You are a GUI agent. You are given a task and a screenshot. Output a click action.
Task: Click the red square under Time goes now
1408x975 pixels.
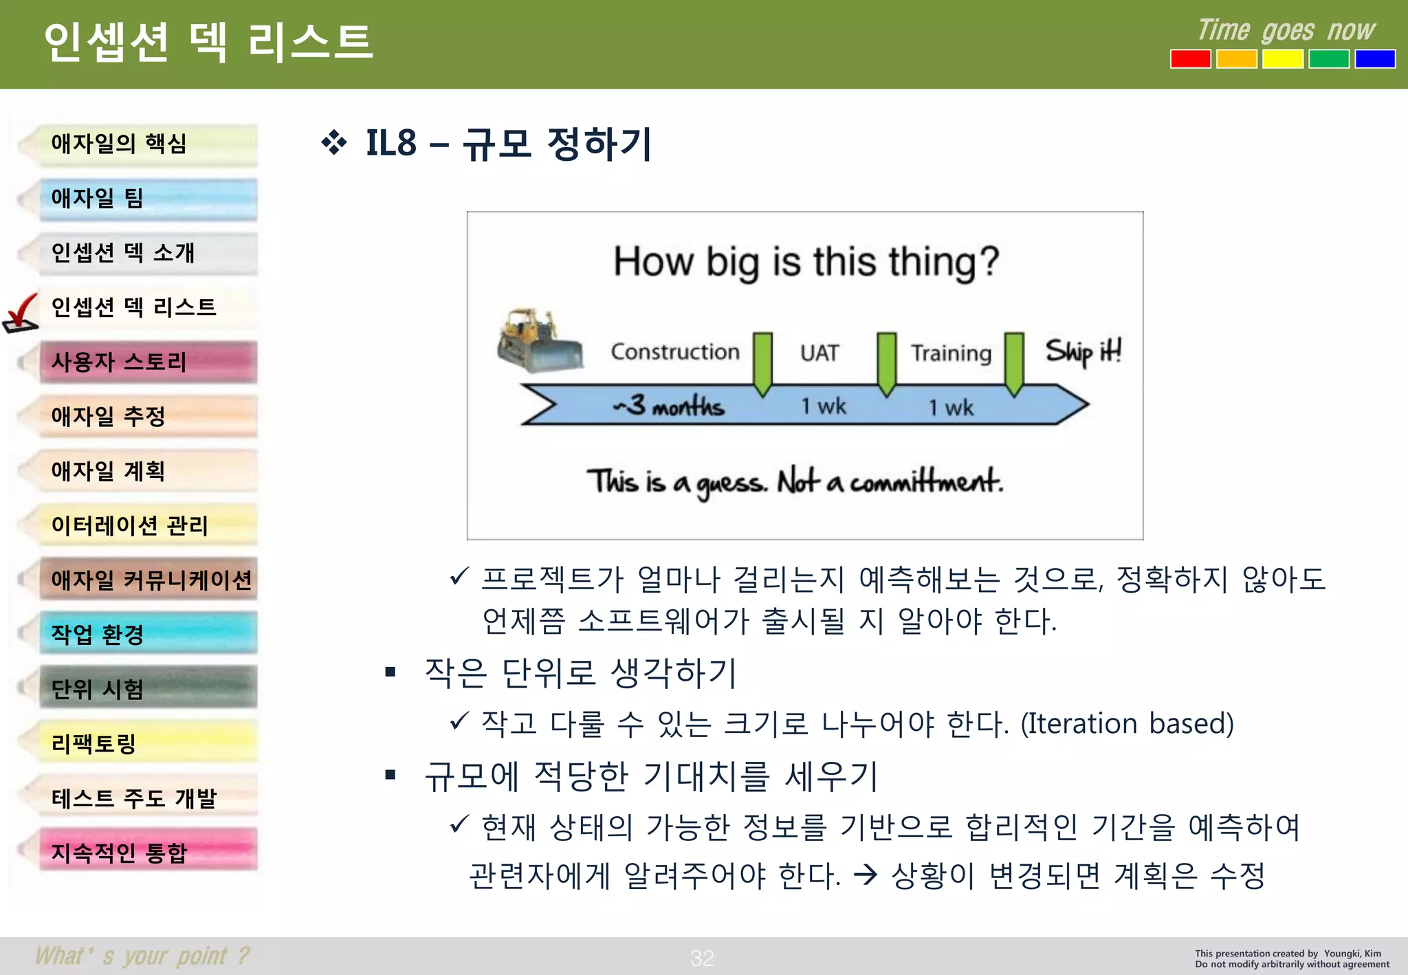[x=1190, y=59]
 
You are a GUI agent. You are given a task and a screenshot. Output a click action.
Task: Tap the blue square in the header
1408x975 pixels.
[x=1374, y=59]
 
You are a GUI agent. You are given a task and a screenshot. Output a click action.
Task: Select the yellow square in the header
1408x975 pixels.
[x=1282, y=59]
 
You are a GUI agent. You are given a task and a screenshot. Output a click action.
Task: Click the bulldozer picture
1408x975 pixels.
[x=538, y=341]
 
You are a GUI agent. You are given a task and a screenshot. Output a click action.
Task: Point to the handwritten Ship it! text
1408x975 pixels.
[x=1083, y=351]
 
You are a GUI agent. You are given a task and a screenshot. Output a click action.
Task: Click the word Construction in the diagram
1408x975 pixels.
[x=674, y=352]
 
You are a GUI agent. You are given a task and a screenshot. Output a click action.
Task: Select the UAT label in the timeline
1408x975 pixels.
[x=819, y=353]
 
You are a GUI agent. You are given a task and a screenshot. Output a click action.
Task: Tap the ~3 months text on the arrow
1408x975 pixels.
[x=668, y=406]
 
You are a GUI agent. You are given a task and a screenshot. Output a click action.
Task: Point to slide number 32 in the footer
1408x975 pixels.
[x=702, y=958]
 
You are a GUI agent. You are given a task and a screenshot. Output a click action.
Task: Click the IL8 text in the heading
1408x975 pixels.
[x=390, y=144]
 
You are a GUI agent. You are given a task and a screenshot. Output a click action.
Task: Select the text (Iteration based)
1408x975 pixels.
[x=1127, y=724]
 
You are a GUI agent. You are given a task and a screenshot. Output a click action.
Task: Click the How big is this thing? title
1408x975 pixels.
[x=805, y=262]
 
